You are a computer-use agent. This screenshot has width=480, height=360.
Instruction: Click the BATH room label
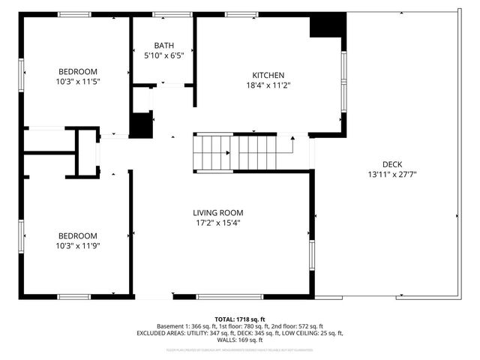[163, 45]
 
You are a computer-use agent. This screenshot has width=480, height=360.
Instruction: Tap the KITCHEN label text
[267, 75]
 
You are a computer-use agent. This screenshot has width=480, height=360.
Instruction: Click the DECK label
[392, 164]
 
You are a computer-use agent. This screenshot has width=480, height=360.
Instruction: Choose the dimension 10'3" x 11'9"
[77, 245]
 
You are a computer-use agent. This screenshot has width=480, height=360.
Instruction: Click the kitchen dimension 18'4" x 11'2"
[267, 85]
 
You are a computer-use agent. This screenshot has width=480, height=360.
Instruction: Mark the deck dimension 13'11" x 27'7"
[392, 175]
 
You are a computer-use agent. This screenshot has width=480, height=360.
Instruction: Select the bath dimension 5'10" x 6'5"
[163, 55]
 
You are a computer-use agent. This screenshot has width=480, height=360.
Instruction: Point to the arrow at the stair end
[291, 139]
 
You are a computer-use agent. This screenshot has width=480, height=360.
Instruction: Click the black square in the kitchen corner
[326, 26]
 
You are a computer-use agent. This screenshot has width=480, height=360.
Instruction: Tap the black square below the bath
[141, 124]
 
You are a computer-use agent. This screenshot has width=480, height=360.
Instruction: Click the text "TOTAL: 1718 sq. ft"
[240, 319]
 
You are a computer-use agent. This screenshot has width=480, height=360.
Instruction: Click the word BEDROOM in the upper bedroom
[77, 71]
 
